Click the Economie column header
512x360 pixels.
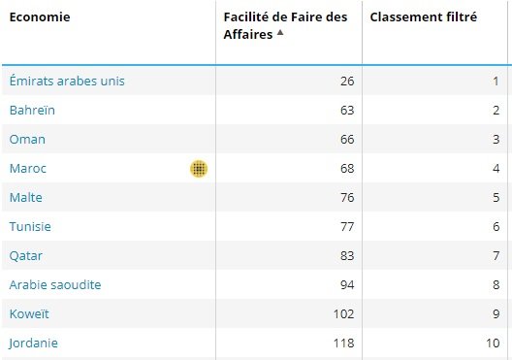pos(40,17)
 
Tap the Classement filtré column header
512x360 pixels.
pos(423,17)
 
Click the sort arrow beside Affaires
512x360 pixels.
pos(280,33)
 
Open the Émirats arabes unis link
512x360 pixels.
pos(67,81)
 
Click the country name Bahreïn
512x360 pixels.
pos(32,110)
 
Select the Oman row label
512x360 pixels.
pos(27,139)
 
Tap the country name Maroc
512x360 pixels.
pos(28,168)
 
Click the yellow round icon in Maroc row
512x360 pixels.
pos(199,169)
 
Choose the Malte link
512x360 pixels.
pos(27,197)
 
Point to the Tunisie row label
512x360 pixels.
pos(30,226)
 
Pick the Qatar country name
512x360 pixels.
pos(27,255)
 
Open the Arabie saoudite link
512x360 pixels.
pos(55,284)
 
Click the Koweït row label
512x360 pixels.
pos(30,313)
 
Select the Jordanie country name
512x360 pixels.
pos(34,343)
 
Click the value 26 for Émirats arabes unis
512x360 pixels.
pos(347,81)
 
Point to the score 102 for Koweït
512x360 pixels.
pos(343,313)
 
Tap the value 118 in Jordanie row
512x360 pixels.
pos(343,343)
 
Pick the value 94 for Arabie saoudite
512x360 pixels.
pos(347,284)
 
